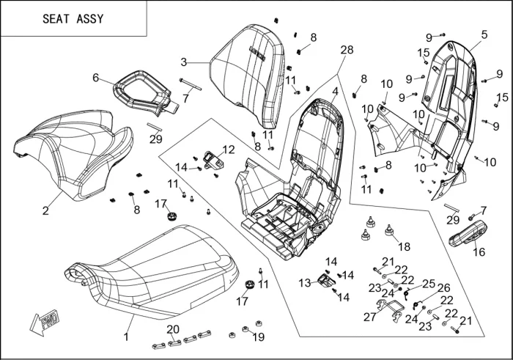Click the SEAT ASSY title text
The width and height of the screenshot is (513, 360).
(x=73, y=19)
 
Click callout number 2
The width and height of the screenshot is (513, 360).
(x=45, y=210)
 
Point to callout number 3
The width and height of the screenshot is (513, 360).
(x=184, y=62)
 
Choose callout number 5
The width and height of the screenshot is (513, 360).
(x=484, y=34)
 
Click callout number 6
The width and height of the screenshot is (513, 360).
(x=96, y=78)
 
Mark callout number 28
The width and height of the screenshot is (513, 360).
(x=347, y=50)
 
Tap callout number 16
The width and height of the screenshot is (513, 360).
(x=479, y=252)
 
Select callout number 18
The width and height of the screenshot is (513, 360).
(x=404, y=246)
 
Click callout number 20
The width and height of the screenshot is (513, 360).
(x=173, y=328)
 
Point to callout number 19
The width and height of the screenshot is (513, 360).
(x=258, y=337)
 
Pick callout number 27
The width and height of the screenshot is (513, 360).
(x=370, y=317)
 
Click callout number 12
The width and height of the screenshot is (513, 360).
(x=229, y=150)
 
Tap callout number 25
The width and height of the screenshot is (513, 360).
(x=429, y=283)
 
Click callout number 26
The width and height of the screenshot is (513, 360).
(x=443, y=288)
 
